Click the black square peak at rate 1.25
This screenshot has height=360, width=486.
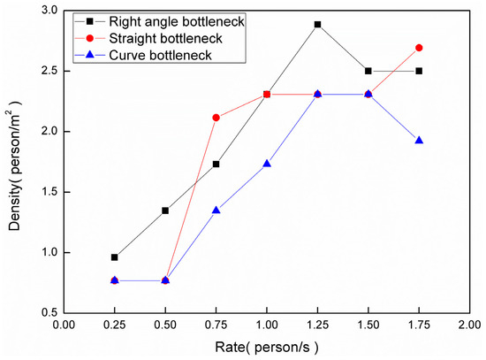click(x=317, y=25)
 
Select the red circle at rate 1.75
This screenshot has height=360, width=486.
click(x=419, y=48)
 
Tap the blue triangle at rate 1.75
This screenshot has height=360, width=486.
click(x=419, y=141)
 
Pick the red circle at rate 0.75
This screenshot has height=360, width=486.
click(x=216, y=118)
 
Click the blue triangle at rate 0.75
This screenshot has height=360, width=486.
click(x=216, y=211)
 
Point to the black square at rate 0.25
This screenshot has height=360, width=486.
click(x=114, y=257)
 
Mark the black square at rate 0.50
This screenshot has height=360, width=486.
click(x=165, y=211)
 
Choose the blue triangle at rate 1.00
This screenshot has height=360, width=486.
click(x=267, y=164)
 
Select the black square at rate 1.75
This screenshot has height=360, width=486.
click(x=419, y=71)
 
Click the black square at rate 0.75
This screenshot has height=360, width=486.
click(x=216, y=164)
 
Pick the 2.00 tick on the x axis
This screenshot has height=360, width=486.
click(x=468, y=325)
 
